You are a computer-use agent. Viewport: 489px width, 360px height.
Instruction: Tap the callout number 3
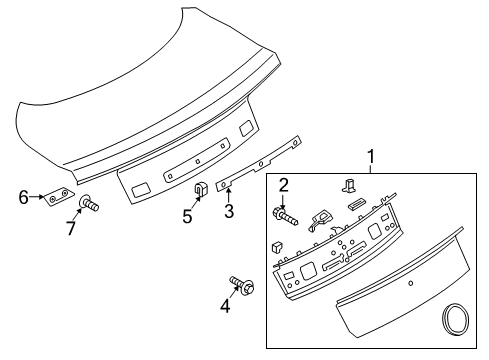[x=228, y=212]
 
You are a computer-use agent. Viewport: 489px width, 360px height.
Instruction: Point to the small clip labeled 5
[x=200, y=187]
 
